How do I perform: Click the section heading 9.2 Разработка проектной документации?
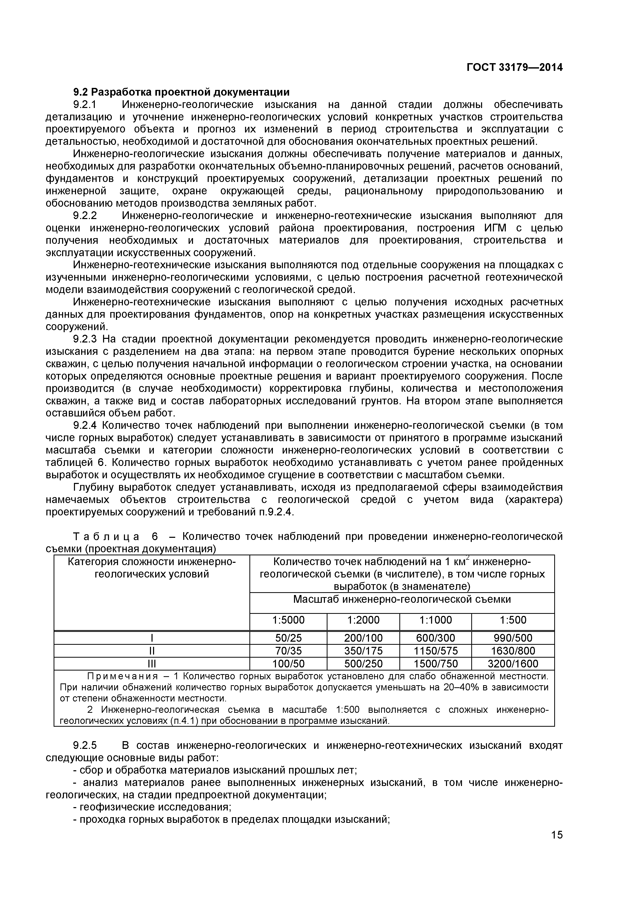[181, 92]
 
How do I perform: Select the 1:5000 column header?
[288, 620]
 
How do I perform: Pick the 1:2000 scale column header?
[363, 620]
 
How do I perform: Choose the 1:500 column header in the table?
[513, 620]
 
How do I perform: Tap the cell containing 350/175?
[363, 651]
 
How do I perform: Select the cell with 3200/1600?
[513, 664]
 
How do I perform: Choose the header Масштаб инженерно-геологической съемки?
[402, 599]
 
